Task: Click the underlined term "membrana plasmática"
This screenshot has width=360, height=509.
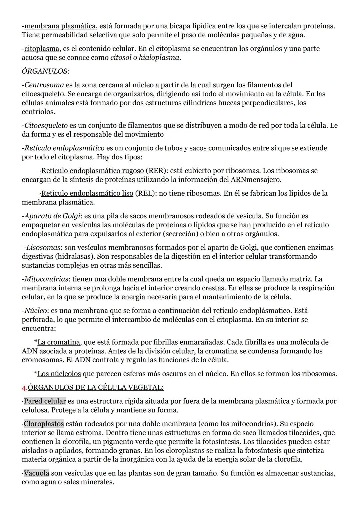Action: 60,26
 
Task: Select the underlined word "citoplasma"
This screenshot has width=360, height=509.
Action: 42,49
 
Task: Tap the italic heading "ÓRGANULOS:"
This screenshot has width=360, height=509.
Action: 45,71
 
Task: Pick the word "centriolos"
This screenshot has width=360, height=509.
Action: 38,112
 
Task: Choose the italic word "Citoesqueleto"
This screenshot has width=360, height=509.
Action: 46,126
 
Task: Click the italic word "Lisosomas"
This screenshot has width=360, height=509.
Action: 43,248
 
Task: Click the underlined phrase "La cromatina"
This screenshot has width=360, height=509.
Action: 59,342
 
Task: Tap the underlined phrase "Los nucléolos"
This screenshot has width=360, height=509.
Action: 59,374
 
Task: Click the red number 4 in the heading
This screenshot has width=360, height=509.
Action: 24,388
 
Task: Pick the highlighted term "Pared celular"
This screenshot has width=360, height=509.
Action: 45,401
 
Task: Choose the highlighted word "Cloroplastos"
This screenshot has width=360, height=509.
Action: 44,424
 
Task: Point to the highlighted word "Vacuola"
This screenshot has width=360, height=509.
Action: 36,473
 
